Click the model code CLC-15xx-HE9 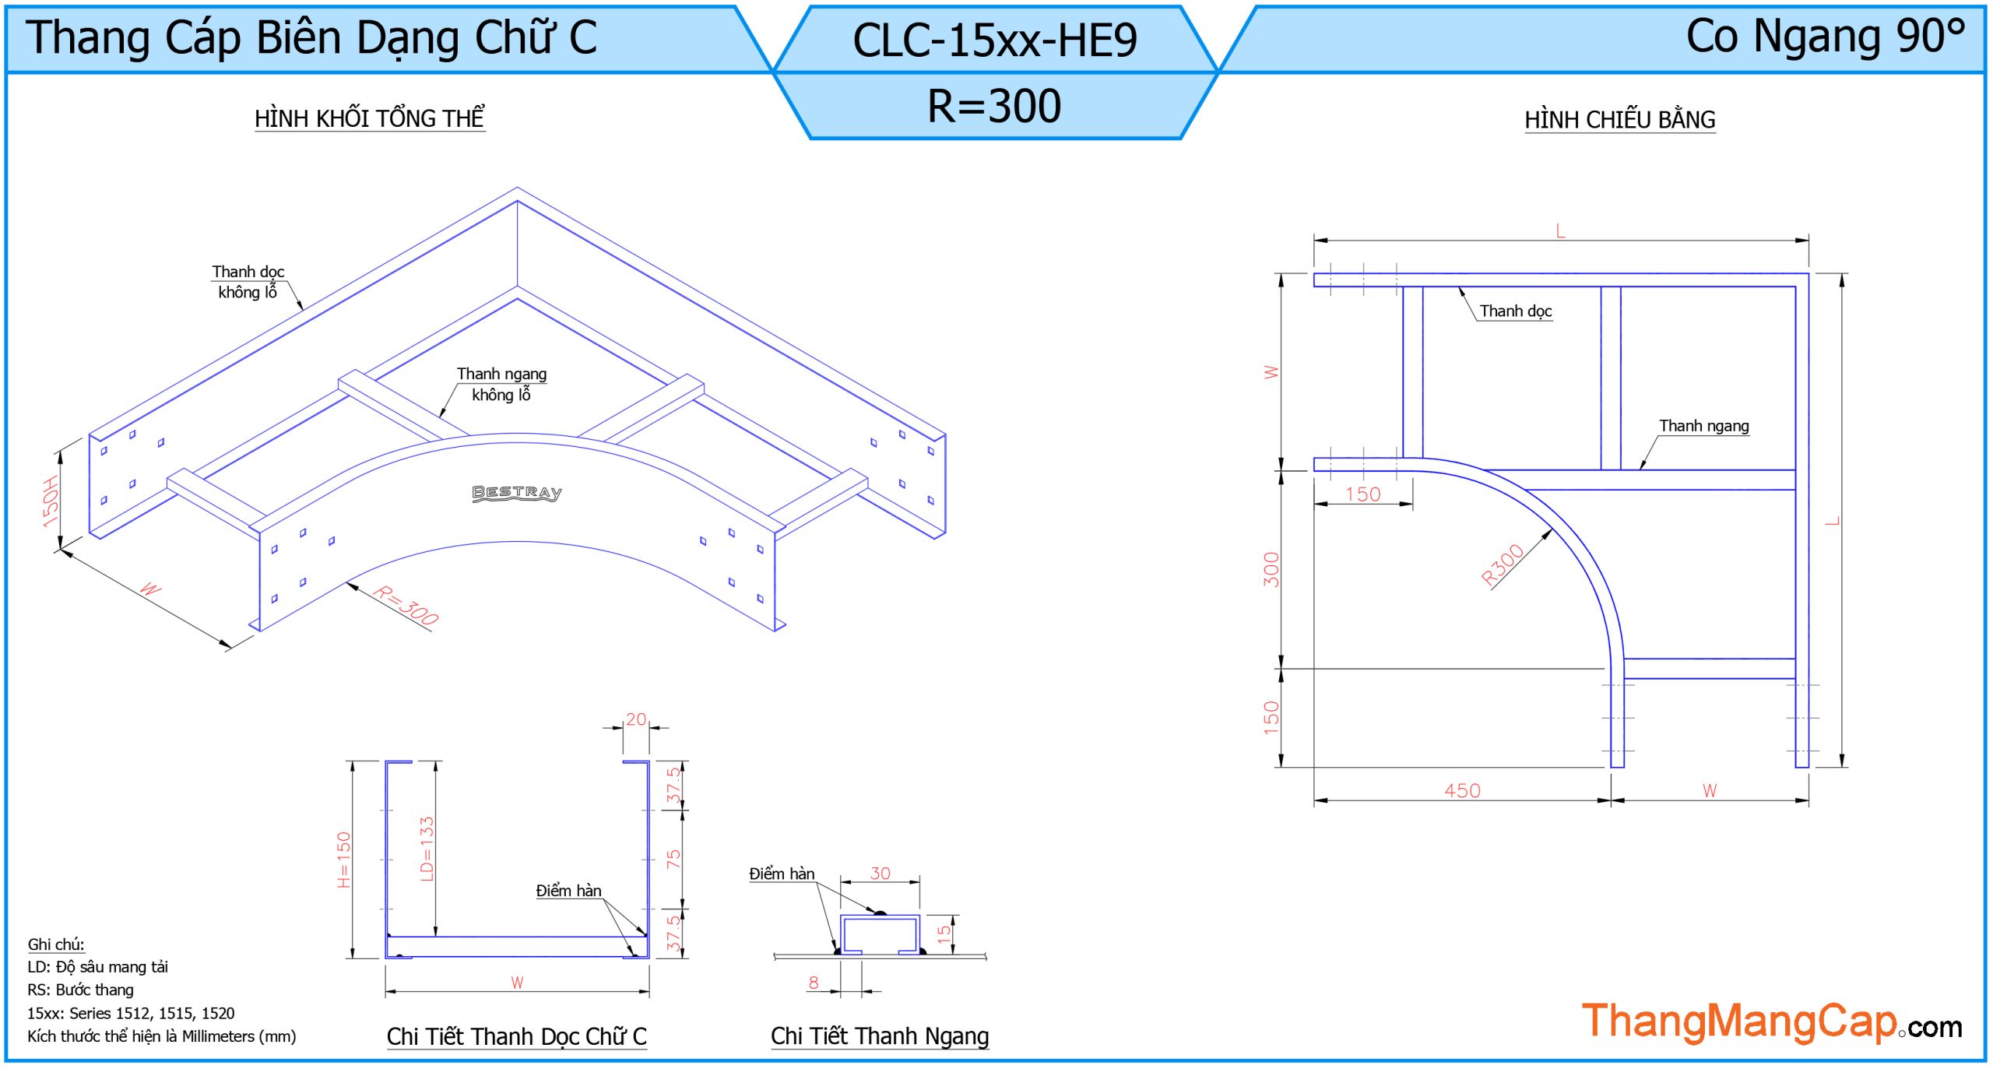pos(994,40)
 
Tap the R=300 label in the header pos(994,106)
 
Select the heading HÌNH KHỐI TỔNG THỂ pos(370,118)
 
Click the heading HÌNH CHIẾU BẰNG pos(1619,120)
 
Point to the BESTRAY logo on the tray pos(516,493)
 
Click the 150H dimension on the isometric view pos(51,501)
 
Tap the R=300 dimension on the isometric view pos(406,606)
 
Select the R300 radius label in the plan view pos(1502,564)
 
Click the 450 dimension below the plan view pos(1462,791)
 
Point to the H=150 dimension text pos(344,860)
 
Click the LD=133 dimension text pos(427,849)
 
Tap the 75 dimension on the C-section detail pos(673,860)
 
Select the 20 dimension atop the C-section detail pos(636,719)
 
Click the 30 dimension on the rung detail pos(880,874)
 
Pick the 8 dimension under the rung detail pos(814,983)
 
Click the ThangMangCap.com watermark pos(1770,1022)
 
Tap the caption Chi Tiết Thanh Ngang pos(880,1036)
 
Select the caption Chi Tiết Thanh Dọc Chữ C pos(516,1037)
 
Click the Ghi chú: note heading pos(56,944)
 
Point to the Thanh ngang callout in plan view pos(1703,426)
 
